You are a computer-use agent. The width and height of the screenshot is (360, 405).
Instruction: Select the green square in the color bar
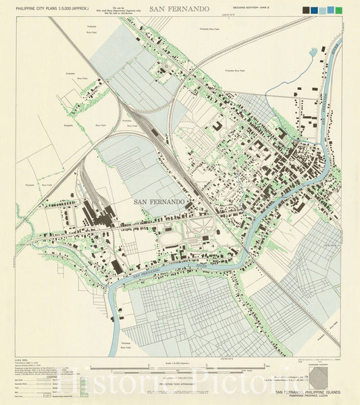point(338,10)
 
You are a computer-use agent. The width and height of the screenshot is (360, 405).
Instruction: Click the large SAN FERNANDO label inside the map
point(159,202)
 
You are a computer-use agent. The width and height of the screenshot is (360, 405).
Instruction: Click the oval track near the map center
point(172,238)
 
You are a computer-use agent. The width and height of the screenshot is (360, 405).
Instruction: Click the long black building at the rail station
point(154,132)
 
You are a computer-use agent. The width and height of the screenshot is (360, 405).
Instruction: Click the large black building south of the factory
point(118,267)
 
